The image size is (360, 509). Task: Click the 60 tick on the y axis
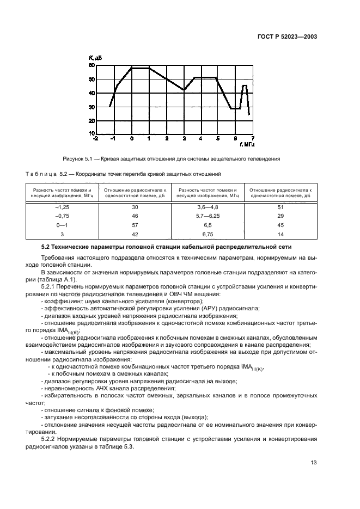coord(91,65)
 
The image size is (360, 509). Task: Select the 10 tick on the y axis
coord(91,133)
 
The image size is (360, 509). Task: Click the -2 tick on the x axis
coord(96,139)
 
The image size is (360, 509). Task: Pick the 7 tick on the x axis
coord(253,139)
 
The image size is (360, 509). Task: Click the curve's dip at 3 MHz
coord(184,90)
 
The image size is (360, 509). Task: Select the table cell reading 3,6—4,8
coord(207,207)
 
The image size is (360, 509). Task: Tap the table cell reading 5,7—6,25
coord(207,216)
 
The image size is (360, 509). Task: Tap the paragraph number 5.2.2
coord(50,438)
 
